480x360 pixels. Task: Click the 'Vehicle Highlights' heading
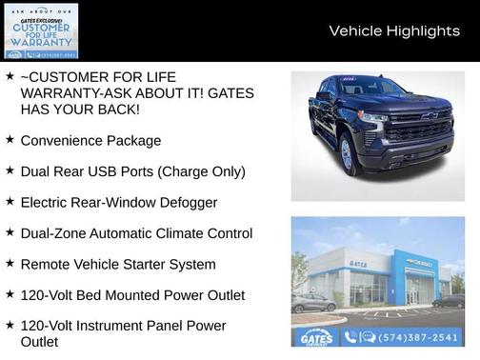coord(393,31)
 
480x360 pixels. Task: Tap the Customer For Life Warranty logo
coord(40,30)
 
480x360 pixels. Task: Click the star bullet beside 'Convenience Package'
coord(10,140)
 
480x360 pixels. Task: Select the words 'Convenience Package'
coord(90,141)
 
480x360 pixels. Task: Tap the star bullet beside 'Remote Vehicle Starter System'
coord(10,264)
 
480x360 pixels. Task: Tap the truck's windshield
coord(374,89)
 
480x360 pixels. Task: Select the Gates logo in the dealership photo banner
coord(316,337)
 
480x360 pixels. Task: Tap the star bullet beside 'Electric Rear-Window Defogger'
coord(10,202)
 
